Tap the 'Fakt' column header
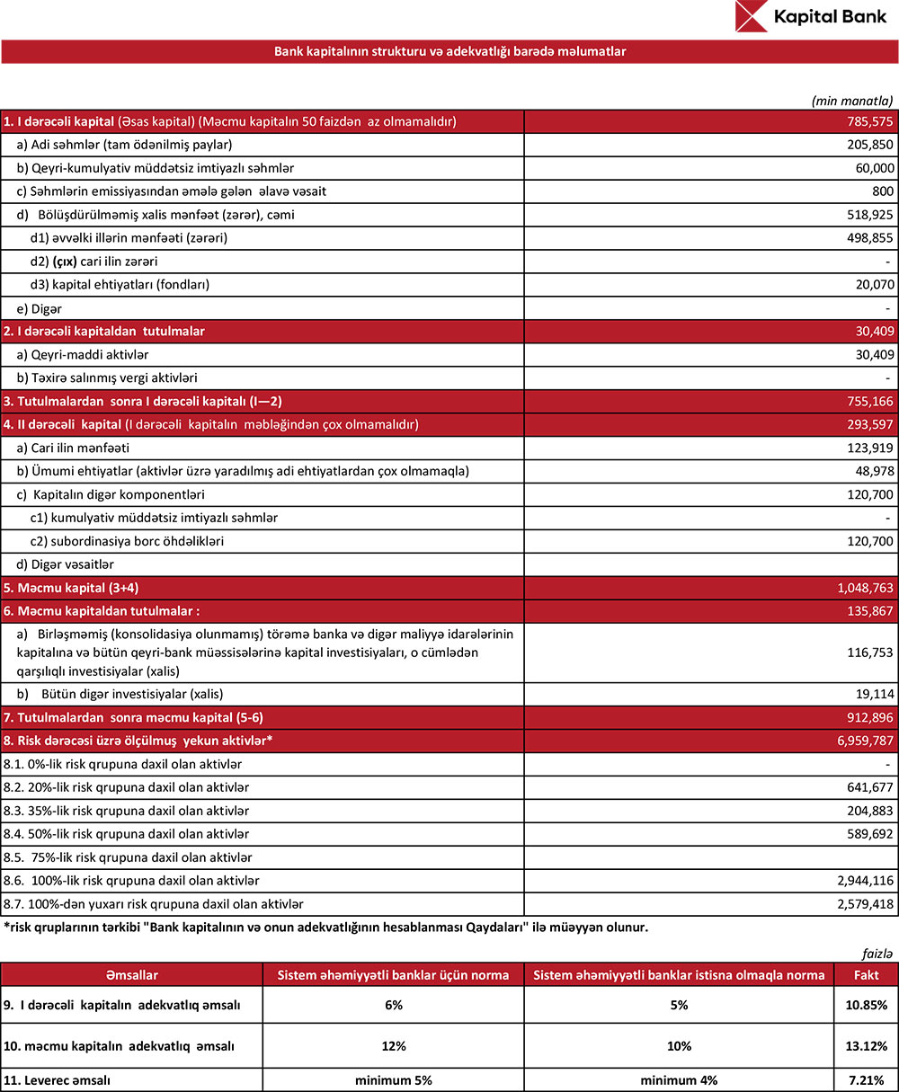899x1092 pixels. [864, 975]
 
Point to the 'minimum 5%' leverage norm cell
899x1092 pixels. [393, 1079]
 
